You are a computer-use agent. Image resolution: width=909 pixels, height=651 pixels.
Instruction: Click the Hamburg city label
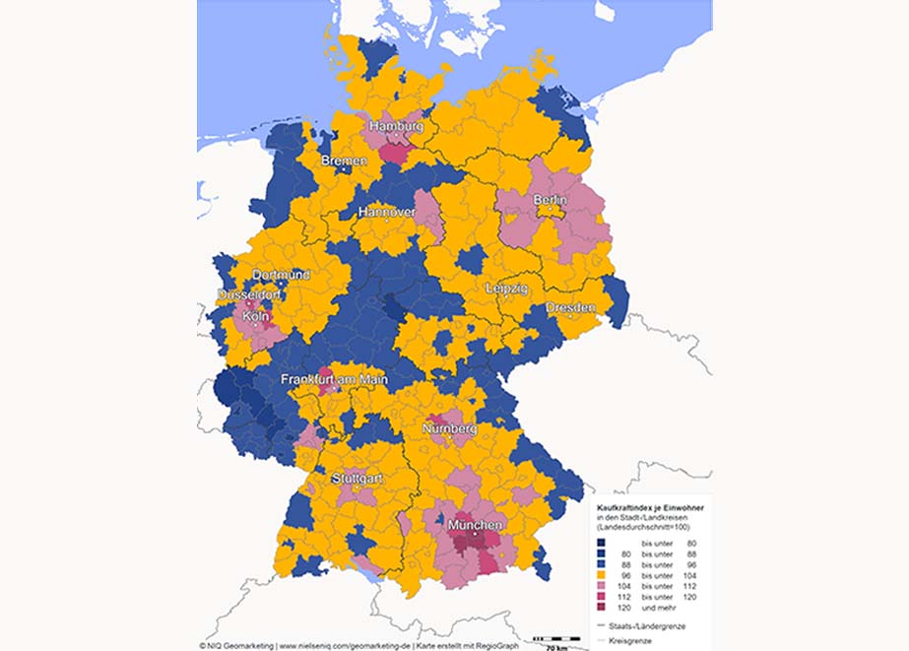[396, 127]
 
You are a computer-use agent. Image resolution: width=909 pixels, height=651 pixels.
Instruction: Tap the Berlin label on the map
[551, 200]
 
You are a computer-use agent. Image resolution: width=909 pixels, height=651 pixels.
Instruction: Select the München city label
[475, 526]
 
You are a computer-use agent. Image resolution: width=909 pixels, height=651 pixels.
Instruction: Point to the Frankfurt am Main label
[334, 379]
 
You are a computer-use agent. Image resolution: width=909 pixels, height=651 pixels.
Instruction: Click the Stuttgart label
[357, 478]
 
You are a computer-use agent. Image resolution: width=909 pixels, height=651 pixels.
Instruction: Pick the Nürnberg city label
[449, 429]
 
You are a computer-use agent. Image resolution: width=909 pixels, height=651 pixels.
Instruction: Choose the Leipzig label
[506, 289]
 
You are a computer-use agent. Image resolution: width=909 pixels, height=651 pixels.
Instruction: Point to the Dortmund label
[281, 275]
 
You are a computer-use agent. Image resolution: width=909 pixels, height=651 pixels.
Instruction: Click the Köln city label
[255, 317]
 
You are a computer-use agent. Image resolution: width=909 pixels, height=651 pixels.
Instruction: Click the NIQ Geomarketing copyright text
[236, 645]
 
